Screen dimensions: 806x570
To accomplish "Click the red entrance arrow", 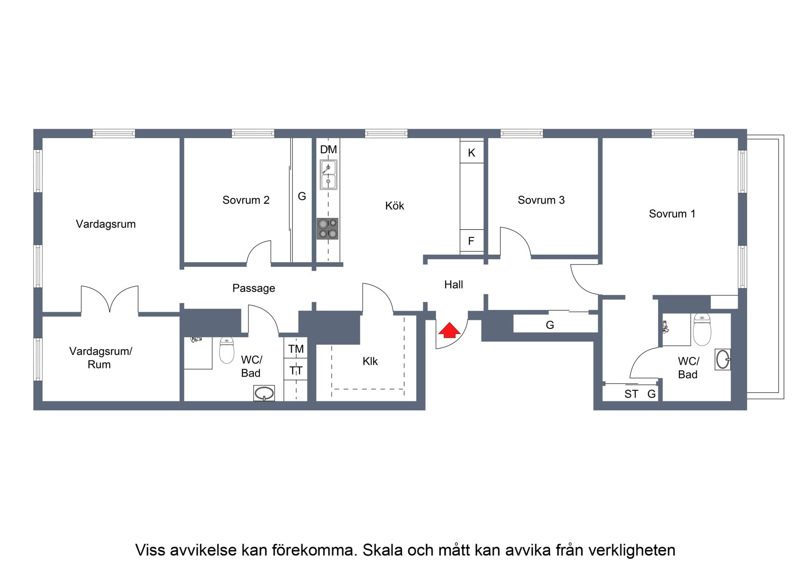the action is pos(449,330).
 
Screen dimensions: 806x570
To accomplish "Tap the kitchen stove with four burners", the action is pos(327,229).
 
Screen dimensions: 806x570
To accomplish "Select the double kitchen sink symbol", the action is pos(328,175).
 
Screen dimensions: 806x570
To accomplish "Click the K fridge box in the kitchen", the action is pos(472,152).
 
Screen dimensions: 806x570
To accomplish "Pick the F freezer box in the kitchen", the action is pos(472,241).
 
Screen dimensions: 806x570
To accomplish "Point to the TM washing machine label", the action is pos(296,349).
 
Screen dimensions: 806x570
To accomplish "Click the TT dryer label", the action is pos(296,371).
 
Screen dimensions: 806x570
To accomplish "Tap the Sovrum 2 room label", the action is pos(246,200).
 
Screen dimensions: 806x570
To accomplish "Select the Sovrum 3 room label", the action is pos(541,200).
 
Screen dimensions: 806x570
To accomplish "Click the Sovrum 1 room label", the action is pos(672,214).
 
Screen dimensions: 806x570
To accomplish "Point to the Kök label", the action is pos(395,206).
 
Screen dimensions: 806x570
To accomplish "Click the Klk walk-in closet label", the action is pos(370,361).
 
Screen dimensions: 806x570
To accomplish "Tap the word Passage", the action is pos(254,288).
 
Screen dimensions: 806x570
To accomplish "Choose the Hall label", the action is pos(454,285).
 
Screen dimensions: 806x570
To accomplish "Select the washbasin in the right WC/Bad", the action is pos(723,359).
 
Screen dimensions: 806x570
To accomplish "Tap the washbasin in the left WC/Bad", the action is pos(264,393).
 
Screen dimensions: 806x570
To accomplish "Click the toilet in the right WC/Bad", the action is pos(702,329).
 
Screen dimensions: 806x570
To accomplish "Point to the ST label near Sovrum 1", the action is pos(631,394).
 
